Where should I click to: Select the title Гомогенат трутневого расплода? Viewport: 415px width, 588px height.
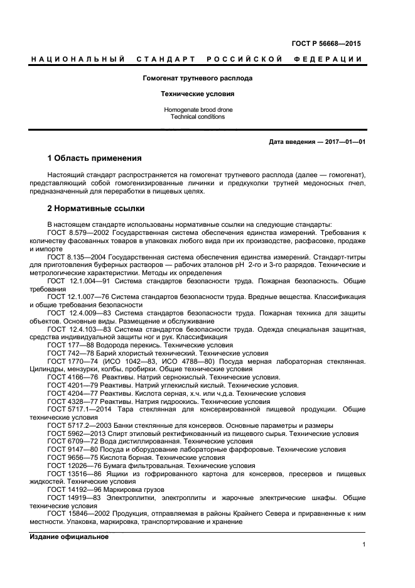[x=198, y=79]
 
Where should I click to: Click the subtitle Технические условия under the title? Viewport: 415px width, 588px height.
[x=198, y=94]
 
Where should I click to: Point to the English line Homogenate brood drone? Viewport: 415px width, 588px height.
[x=198, y=110]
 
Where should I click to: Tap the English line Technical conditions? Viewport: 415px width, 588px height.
[x=198, y=117]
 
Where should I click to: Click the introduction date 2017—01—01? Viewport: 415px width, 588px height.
[x=344, y=142]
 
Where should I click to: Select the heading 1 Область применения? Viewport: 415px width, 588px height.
[x=94, y=158]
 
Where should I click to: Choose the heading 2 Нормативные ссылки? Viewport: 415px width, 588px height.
[x=96, y=208]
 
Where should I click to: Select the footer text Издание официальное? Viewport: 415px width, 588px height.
[x=69, y=536]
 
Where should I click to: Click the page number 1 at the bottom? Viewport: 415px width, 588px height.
[x=364, y=545]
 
